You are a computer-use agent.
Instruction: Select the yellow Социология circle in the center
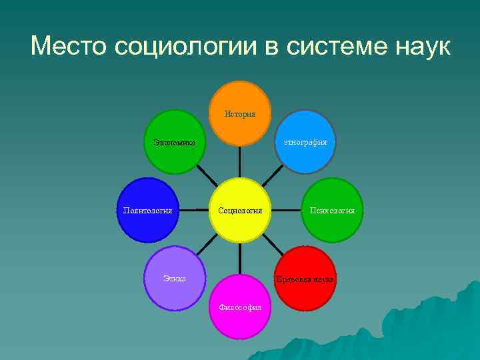click(x=240, y=210)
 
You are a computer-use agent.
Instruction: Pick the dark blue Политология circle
click(x=147, y=210)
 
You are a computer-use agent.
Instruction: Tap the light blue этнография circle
click(x=305, y=142)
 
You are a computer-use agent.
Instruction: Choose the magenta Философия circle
click(x=240, y=307)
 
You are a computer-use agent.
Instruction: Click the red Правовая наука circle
click(x=305, y=278)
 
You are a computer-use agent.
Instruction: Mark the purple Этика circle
click(x=174, y=278)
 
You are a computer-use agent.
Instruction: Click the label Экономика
click(x=174, y=142)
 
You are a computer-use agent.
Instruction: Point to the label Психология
click(x=332, y=211)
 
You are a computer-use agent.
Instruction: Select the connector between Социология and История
click(x=240, y=162)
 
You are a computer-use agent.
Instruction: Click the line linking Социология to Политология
click(x=194, y=210)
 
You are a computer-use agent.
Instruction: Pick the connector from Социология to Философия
click(x=240, y=258)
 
